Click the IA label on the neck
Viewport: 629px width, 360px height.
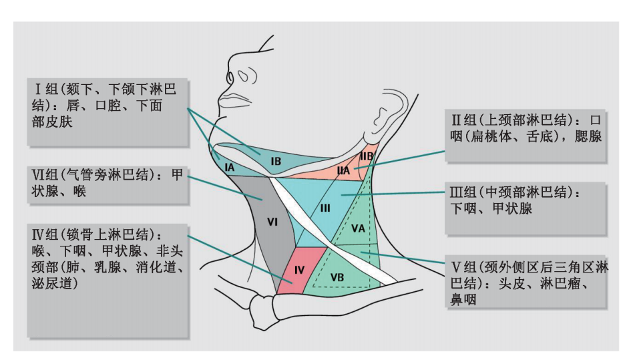(x=230, y=167)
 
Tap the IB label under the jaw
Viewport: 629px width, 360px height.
(x=276, y=162)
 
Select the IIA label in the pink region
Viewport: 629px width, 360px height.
(x=343, y=170)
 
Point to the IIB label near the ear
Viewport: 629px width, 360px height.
(x=367, y=156)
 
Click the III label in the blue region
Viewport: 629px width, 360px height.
(x=325, y=208)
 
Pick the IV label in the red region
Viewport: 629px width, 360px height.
(x=299, y=270)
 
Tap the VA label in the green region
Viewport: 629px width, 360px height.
(x=358, y=228)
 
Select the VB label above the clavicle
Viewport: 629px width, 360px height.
(x=337, y=277)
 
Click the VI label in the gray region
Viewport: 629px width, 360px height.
(x=272, y=222)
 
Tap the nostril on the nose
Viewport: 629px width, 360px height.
(x=244, y=75)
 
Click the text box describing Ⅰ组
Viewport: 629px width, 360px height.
(x=108, y=112)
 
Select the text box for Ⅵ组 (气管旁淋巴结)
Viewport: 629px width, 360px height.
(x=108, y=185)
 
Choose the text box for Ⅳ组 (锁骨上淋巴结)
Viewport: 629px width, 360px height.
(x=108, y=281)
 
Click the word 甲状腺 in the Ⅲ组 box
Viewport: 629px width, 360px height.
(x=512, y=208)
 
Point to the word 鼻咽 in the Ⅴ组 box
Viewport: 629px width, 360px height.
(x=463, y=299)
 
